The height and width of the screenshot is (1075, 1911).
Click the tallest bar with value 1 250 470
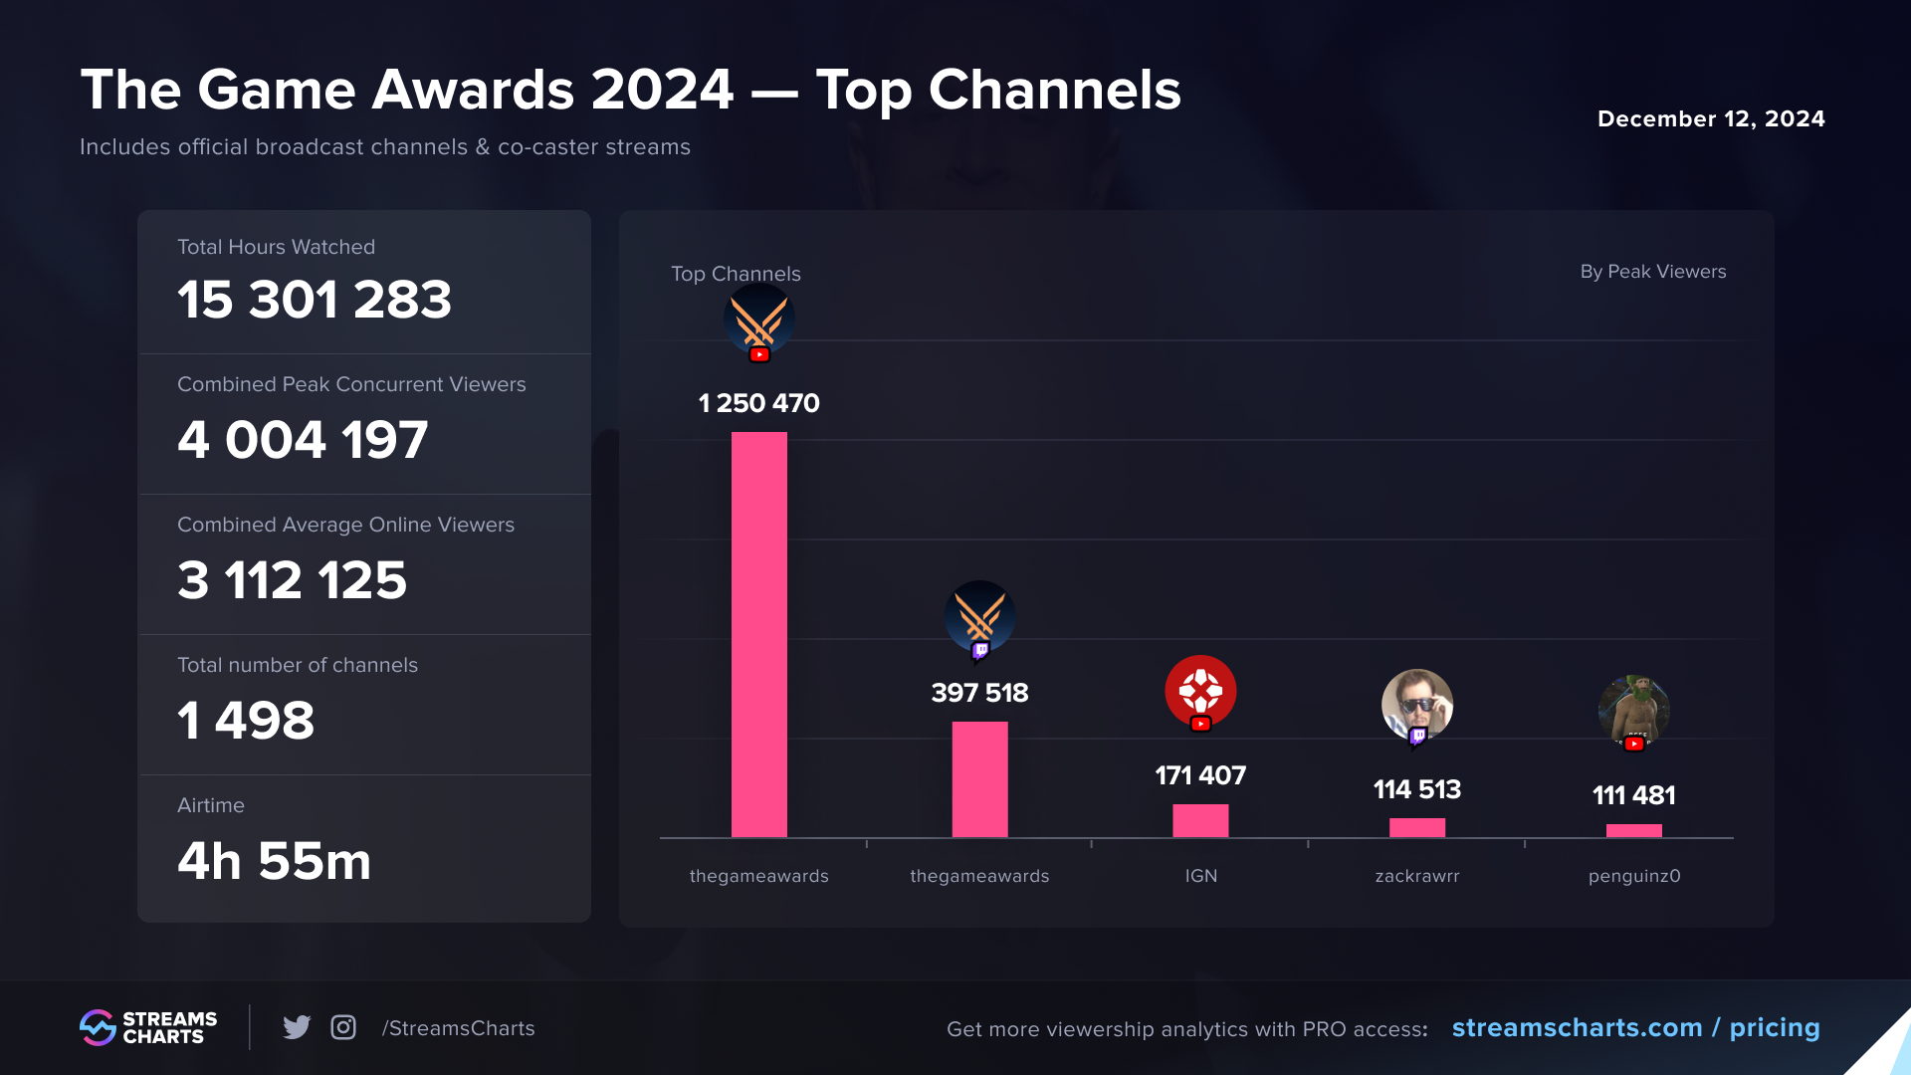(x=758, y=634)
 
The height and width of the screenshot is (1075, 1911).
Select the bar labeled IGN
(x=1200, y=821)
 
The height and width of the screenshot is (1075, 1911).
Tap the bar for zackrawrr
(x=1416, y=827)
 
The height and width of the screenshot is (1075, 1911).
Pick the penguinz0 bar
(x=1633, y=830)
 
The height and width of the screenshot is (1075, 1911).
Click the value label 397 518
(x=979, y=693)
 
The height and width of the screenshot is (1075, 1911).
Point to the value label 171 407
(x=1200, y=775)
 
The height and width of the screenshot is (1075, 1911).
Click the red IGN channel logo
(x=1200, y=691)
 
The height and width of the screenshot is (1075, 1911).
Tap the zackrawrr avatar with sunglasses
(x=1416, y=705)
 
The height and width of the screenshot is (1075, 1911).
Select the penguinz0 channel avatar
(x=1633, y=710)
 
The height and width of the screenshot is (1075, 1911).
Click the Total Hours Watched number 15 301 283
(x=315, y=300)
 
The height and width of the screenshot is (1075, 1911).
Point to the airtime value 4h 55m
(x=274, y=861)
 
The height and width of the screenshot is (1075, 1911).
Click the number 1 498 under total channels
(x=246, y=721)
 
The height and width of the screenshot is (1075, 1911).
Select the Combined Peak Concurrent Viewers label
(x=351, y=384)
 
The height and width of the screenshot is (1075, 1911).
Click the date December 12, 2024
(x=1711, y=118)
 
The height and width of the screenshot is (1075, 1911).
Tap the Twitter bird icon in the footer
(x=297, y=1027)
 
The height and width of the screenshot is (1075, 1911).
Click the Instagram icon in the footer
(x=343, y=1027)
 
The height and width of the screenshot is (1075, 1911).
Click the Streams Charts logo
(x=148, y=1027)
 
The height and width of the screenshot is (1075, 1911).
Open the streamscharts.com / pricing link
(x=1635, y=1027)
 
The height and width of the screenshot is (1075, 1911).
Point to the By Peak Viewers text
(x=1652, y=272)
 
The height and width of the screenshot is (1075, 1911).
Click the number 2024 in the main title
(x=662, y=90)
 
